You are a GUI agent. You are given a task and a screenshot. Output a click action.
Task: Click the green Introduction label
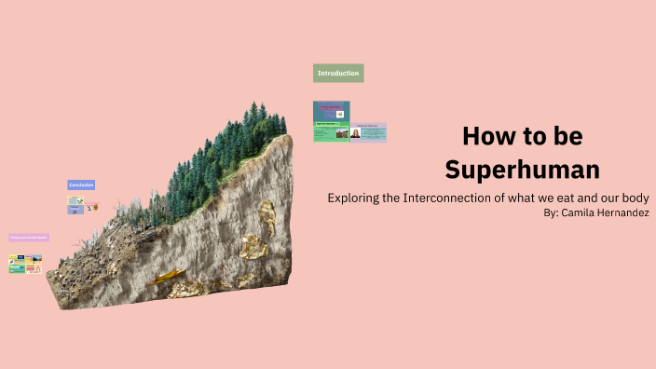[x=337, y=73]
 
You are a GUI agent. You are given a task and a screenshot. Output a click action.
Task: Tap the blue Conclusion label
[x=81, y=185]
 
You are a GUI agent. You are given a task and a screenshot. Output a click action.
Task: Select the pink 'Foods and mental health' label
[x=29, y=238]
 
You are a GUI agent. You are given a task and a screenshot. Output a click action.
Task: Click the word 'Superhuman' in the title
[x=522, y=170]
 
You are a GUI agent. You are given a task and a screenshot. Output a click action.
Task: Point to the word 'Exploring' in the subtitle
[x=357, y=198]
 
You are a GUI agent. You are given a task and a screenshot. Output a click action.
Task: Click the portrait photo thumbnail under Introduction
[x=355, y=133]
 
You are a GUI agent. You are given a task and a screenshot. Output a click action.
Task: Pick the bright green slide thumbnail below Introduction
[x=331, y=132]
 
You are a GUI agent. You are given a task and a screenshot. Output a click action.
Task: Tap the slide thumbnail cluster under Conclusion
[x=81, y=205]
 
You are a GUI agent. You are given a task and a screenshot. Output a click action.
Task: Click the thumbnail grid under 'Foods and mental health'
[x=25, y=265]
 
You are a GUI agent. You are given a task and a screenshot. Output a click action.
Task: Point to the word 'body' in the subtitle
[x=634, y=198]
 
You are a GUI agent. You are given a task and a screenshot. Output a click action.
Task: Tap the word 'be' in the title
[x=567, y=137]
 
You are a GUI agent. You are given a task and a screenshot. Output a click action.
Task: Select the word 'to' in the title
[x=534, y=137]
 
